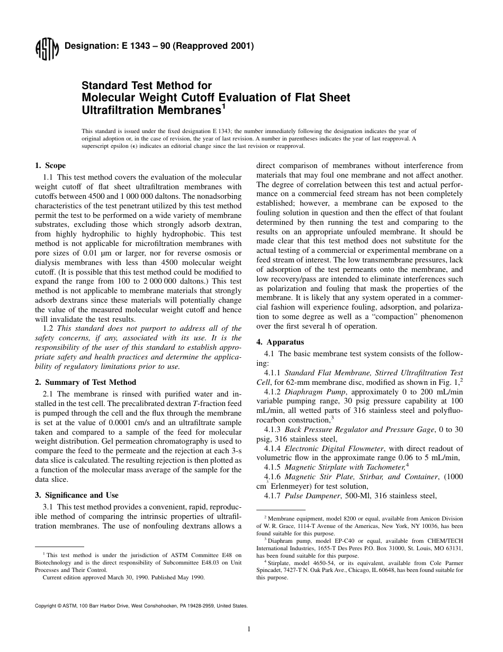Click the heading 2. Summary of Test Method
[85, 382]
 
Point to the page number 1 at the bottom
[248, 629]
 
